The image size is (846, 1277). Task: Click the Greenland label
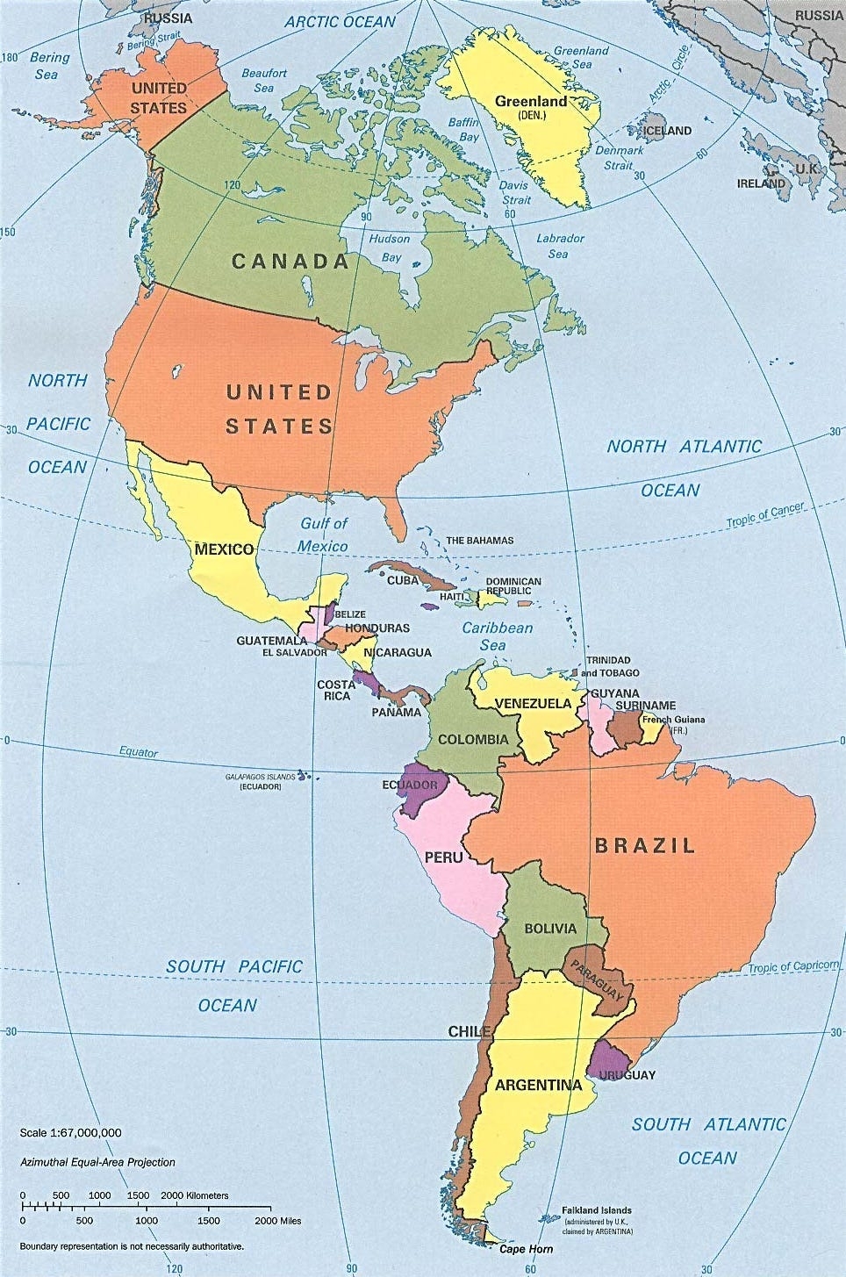pos(530,102)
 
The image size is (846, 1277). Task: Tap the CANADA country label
pos(290,261)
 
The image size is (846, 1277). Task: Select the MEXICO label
pos(224,549)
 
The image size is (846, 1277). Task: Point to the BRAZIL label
pos(645,845)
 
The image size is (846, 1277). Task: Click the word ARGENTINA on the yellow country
pos(538,1085)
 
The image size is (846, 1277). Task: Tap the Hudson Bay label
pos(389,248)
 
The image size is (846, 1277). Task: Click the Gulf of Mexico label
pos(323,534)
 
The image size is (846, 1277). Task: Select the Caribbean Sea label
pos(497,636)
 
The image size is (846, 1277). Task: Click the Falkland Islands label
pos(596,1210)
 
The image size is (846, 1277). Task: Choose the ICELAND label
pos(667,131)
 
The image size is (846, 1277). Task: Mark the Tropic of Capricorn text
pos(792,966)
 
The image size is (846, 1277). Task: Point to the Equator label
pos(139,752)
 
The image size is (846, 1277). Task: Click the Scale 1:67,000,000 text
pos(70,1133)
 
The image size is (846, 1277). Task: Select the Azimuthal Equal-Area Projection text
pos(97,1162)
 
